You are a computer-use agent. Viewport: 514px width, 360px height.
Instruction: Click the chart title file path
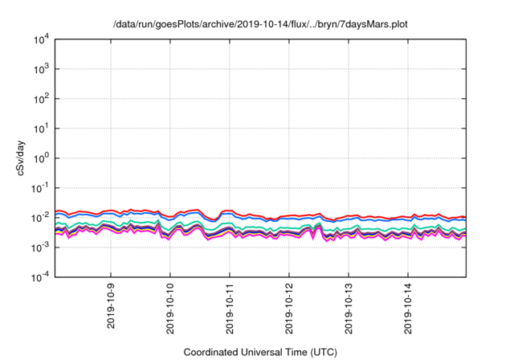coord(260,25)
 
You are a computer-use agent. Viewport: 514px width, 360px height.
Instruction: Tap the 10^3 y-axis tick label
coord(41,69)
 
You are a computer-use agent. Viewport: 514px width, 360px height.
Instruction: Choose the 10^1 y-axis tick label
coord(41,129)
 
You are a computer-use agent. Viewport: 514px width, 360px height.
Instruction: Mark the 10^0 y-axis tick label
coord(41,158)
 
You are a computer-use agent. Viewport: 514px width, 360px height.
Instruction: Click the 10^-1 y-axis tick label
coord(39,188)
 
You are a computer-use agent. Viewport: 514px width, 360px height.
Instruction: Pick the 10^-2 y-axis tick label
coord(39,218)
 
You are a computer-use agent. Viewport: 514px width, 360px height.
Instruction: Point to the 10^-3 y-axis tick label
coord(39,247)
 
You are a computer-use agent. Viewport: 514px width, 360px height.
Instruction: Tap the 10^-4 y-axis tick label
coord(39,277)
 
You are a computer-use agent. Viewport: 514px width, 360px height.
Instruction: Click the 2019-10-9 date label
coord(111,306)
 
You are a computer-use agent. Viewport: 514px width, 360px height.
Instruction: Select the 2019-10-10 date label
coord(170,309)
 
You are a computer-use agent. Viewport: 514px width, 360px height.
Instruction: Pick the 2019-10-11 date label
coord(230,309)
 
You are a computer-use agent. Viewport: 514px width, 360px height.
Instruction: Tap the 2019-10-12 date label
coord(289,309)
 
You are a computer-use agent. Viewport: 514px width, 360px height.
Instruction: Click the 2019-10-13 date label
coord(349,309)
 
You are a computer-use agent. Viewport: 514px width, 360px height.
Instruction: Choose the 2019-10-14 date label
coord(408,309)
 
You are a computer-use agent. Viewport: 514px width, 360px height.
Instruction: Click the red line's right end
coord(466,217)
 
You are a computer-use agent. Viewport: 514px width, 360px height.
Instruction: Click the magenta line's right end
coord(466,235)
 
